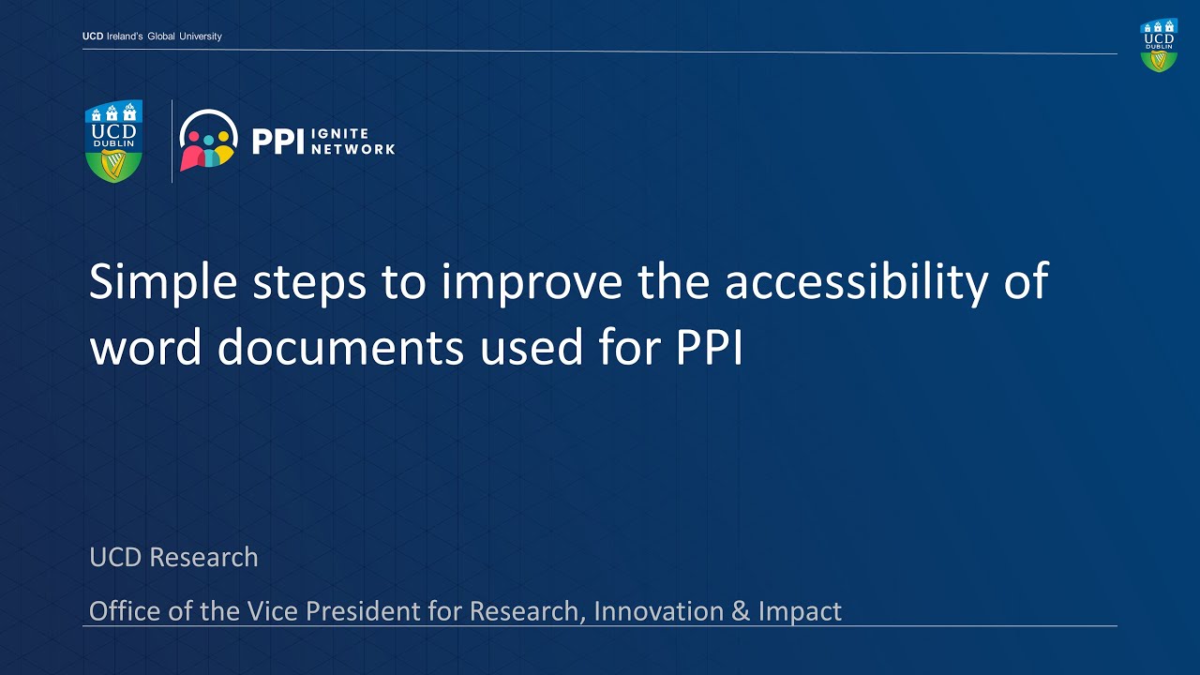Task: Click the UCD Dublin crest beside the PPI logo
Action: [x=113, y=141]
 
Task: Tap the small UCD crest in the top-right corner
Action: [x=1159, y=45]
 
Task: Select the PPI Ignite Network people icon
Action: [x=208, y=141]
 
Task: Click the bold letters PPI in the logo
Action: [x=278, y=142]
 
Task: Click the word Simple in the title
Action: [x=162, y=281]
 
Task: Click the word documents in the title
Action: [x=340, y=348]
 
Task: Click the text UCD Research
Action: [x=173, y=557]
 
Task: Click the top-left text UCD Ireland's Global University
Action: [x=152, y=37]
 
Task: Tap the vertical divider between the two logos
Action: [x=172, y=141]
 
